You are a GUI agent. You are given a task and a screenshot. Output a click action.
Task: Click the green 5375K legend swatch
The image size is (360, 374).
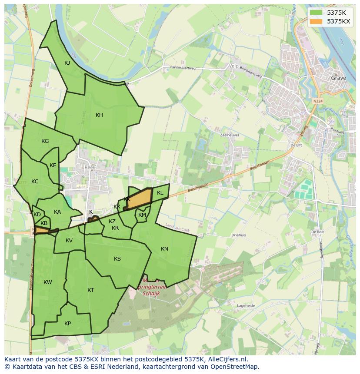pyautogui.click(x=316, y=12)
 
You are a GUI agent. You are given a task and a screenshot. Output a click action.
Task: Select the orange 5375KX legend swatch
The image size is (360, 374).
pyautogui.click(x=316, y=21)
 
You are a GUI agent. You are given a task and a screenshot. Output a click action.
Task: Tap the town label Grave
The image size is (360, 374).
pyautogui.click(x=338, y=78)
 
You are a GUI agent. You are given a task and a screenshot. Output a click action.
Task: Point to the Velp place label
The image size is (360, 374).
pyautogui.click(x=233, y=66)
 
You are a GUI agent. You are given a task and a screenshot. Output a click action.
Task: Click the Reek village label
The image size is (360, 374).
pyautogui.click(x=90, y=167)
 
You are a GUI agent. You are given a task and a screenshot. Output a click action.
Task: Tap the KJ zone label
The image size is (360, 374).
pyautogui.click(x=67, y=63)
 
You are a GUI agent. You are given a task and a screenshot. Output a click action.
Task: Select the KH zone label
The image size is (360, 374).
pyautogui.click(x=100, y=115)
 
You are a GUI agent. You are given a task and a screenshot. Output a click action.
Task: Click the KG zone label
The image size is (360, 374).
pyautogui.click(x=45, y=141)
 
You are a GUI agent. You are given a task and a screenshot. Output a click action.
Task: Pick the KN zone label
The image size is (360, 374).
pyautogui.click(x=164, y=249)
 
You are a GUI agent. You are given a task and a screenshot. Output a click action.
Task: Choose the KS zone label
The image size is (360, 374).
pyautogui.click(x=117, y=259)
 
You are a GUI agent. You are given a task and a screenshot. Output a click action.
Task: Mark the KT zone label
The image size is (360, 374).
pyautogui.click(x=90, y=290)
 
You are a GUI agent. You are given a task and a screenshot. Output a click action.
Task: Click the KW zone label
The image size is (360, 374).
pyautogui.click(x=48, y=282)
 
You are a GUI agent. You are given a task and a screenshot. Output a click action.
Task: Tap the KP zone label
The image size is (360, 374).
pyautogui.click(x=67, y=324)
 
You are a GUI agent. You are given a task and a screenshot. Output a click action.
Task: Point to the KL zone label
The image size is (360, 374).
pyautogui.click(x=160, y=193)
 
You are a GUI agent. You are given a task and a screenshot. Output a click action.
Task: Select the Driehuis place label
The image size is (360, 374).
pyautogui.click(x=239, y=235)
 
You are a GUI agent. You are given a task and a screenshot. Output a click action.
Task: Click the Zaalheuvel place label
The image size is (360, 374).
pyautogui.click(x=230, y=135)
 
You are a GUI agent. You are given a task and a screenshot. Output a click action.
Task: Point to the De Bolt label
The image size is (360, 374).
pyautogui.click(x=317, y=232)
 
